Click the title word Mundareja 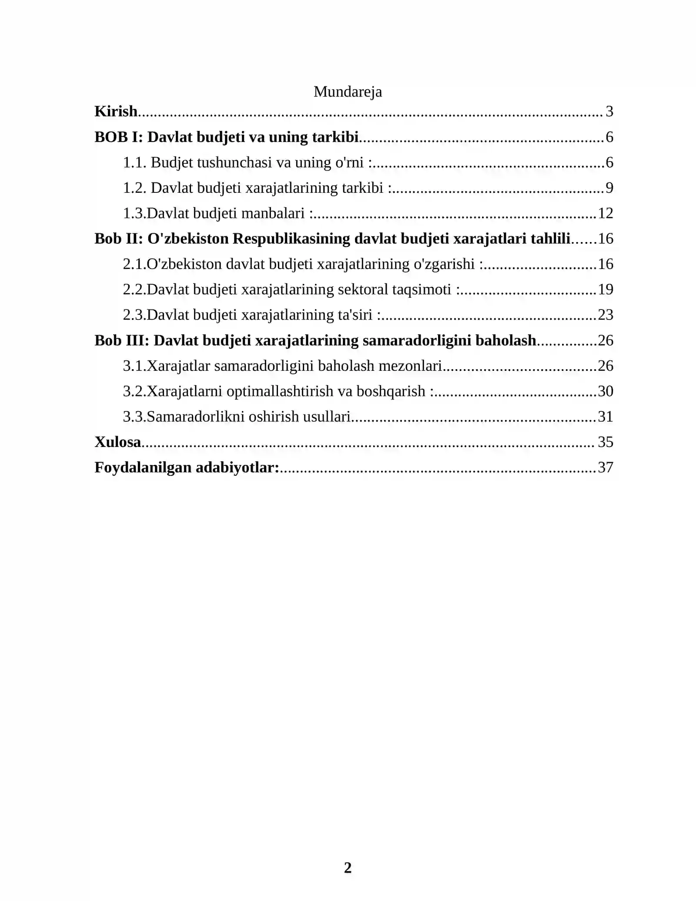348,92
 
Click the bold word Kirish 116,111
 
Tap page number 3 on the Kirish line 609,111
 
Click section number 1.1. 134,162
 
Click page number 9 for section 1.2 609,188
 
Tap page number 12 606,213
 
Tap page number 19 606,289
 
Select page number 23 606,315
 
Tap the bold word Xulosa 118,442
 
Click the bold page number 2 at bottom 348,867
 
